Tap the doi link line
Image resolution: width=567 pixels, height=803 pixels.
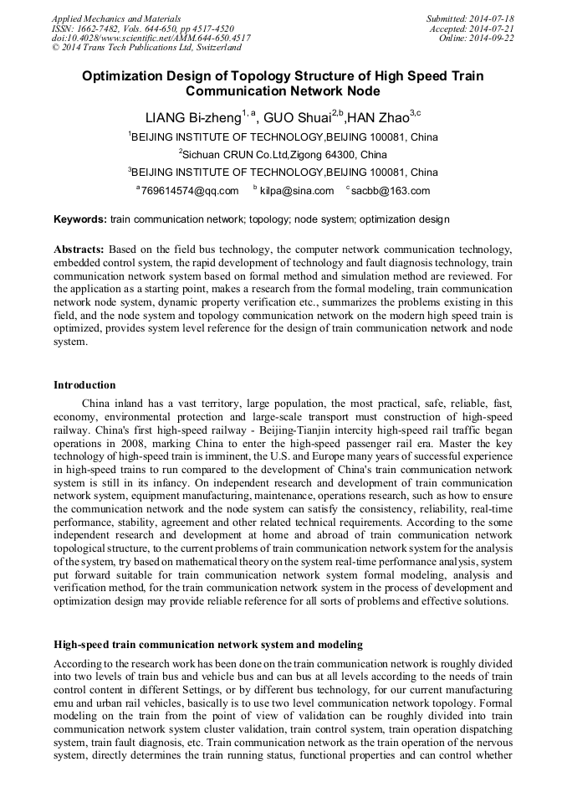[x=151, y=38]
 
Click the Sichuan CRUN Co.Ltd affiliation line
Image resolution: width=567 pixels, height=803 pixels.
[x=284, y=155]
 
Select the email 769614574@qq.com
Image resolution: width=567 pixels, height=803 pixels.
[x=190, y=191]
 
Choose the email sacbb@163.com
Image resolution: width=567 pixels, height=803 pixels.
[x=391, y=191]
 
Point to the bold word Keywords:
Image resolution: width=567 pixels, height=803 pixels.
[x=80, y=219]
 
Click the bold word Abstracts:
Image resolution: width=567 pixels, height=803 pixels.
[x=80, y=250]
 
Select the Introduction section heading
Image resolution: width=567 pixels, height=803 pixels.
[x=84, y=385]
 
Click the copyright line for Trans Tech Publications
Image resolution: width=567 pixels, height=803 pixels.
[x=146, y=48]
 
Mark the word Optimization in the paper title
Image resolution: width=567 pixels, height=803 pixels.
[x=120, y=76]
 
